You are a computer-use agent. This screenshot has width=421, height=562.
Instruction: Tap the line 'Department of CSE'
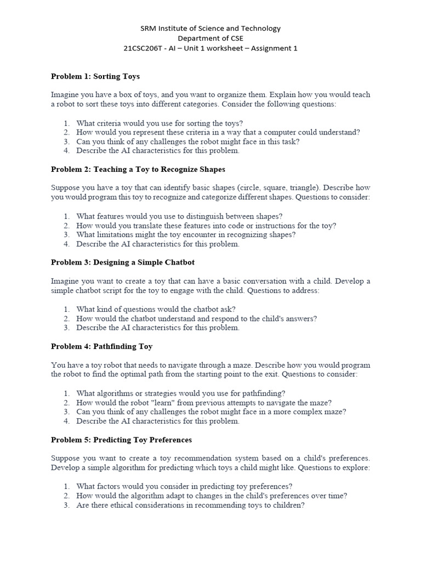click(210, 38)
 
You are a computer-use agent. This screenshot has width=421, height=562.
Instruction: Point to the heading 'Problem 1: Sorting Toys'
click(95, 76)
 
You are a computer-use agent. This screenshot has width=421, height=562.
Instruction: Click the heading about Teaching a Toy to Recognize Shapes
click(138, 169)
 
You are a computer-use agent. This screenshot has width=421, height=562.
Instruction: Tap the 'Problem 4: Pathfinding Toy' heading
click(101, 346)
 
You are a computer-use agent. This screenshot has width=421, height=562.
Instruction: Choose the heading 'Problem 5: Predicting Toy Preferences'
click(121, 440)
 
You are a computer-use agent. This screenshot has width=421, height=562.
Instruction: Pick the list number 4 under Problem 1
click(66, 150)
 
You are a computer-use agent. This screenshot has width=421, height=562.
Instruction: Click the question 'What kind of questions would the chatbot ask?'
click(156, 309)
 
